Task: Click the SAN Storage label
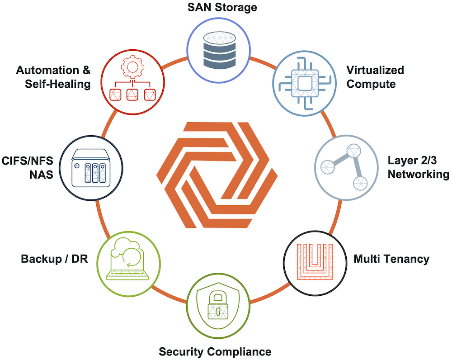pyautogui.click(x=222, y=7)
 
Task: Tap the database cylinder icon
pyautogui.click(x=219, y=50)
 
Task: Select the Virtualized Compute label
pyautogui.click(x=375, y=77)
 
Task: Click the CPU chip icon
pyautogui.click(x=304, y=83)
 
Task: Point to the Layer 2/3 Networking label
pyautogui.click(x=418, y=167)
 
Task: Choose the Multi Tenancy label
pyautogui.click(x=391, y=259)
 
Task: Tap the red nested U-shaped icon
pyautogui.click(x=315, y=262)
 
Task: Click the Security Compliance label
pyautogui.click(x=215, y=352)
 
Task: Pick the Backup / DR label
pyautogui.click(x=54, y=259)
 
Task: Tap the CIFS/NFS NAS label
pyautogui.click(x=28, y=168)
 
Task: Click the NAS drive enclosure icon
pyautogui.click(x=91, y=168)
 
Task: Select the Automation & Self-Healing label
pyautogui.click(x=53, y=77)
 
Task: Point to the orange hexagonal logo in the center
pyautogui.click(x=217, y=175)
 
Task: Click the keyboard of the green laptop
pyautogui.click(x=127, y=275)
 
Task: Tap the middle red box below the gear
pyautogui.click(x=132, y=95)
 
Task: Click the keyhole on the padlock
pyautogui.click(x=218, y=311)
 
